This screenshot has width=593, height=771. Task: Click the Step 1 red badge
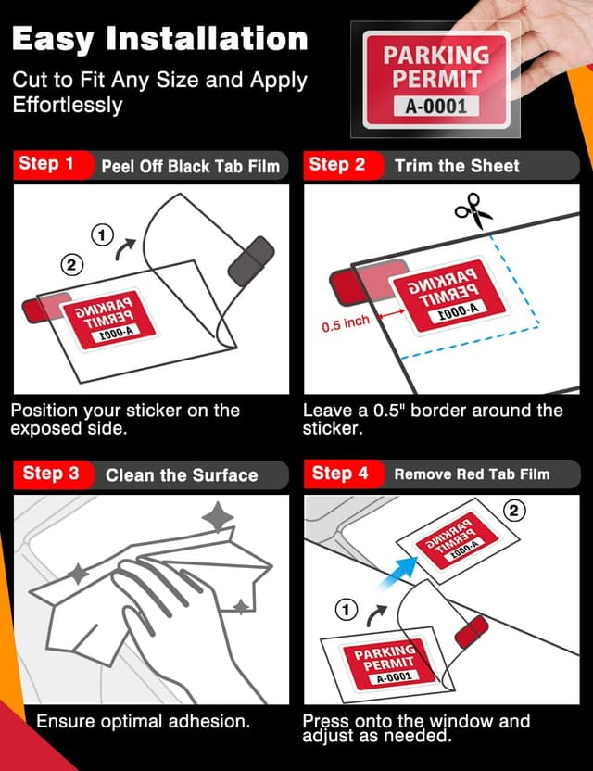tap(46, 164)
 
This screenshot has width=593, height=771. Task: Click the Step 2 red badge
tap(336, 165)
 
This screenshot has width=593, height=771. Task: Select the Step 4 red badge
tap(339, 474)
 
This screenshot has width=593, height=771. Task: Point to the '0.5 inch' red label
tap(346, 323)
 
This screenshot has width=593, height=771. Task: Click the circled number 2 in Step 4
tap(515, 511)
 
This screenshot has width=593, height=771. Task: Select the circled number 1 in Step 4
tap(346, 609)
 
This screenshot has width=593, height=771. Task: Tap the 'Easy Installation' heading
tap(159, 39)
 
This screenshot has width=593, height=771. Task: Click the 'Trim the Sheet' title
tap(457, 166)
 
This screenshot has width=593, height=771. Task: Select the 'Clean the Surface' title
tap(182, 475)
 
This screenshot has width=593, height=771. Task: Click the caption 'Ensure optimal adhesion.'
tap(143, 720)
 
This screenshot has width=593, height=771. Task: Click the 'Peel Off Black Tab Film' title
tap(190, 167)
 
